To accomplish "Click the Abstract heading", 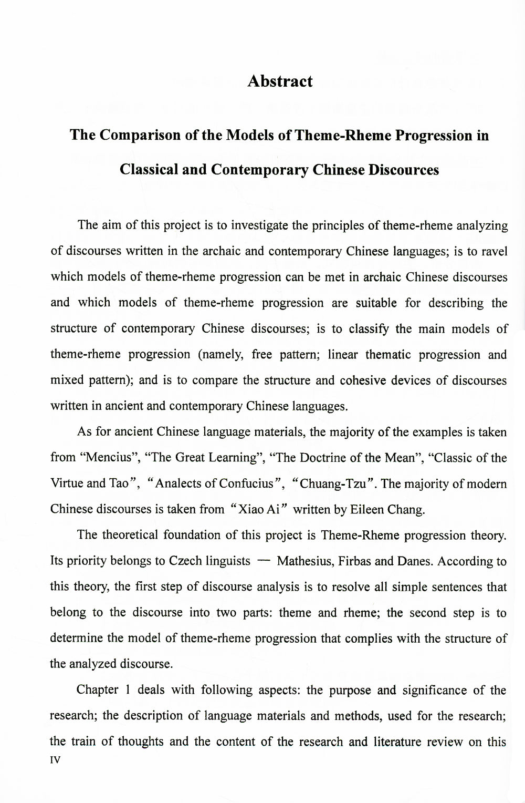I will [x=280, y=81].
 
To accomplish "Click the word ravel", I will [x=495, y=251].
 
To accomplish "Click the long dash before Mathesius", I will [x=264, y=561].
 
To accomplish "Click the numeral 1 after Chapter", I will [x=128, y=690].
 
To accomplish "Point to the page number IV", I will [x=56, y=760].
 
